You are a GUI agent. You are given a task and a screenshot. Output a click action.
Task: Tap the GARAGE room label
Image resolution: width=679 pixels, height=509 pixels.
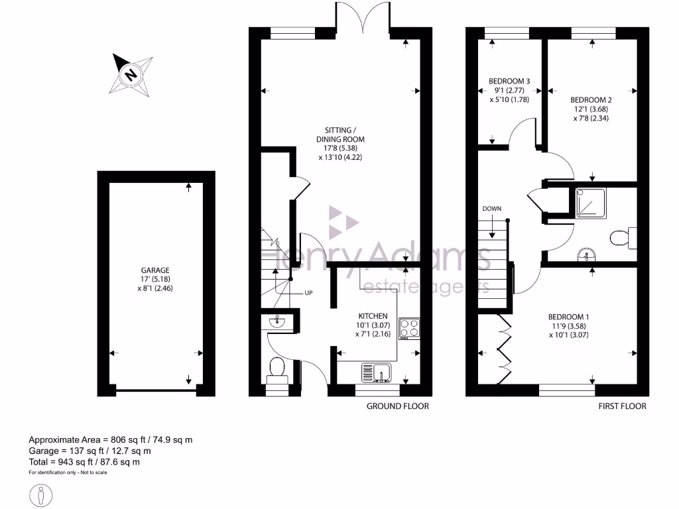pos(154,270)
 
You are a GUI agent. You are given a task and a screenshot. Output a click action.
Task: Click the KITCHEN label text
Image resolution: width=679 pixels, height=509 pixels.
pos(373,316)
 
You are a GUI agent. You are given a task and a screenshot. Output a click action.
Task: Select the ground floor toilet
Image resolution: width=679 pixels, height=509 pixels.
pos(277,369)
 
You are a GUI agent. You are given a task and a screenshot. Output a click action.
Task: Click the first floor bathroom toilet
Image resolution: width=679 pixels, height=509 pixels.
pos(623,237)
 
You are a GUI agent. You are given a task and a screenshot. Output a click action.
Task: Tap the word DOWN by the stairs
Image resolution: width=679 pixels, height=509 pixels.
pos(491,209)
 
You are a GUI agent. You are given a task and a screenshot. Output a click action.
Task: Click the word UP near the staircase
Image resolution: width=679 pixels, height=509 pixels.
pos(308,293)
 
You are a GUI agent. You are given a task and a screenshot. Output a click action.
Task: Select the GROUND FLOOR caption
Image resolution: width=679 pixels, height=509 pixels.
pos(398,406)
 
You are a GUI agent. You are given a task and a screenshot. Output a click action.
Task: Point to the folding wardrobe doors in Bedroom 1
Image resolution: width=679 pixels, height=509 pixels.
pos(505,343)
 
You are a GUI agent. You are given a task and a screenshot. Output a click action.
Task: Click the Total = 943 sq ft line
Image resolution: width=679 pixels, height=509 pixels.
pos(84,462)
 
